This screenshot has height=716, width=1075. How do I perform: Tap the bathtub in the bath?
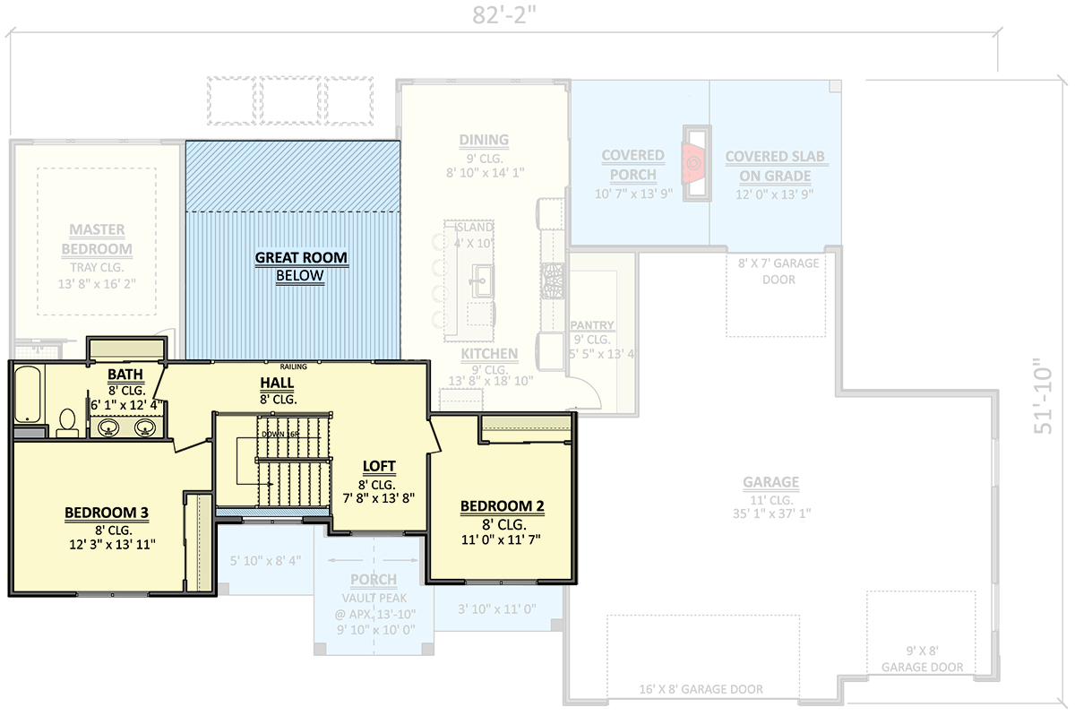tap(27, 394)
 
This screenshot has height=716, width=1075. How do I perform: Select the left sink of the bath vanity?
tap(109, 428)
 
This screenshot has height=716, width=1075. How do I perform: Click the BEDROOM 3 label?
tap(106, 513)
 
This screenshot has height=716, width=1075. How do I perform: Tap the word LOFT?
tap(378, 466)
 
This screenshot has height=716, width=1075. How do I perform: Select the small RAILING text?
tap(293, 366)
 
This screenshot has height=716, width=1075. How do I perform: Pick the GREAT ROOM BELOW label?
tap(300, 266)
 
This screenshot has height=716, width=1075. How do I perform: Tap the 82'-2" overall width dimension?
tap(503, 14)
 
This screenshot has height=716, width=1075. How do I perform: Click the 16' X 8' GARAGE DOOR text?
tap(702, 689)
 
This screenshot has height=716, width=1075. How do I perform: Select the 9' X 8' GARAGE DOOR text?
tap(923, 659)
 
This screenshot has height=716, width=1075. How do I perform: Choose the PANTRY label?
tap(591, 325)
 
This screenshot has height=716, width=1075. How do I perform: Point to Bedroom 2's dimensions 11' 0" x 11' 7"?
tap(501, 539)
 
